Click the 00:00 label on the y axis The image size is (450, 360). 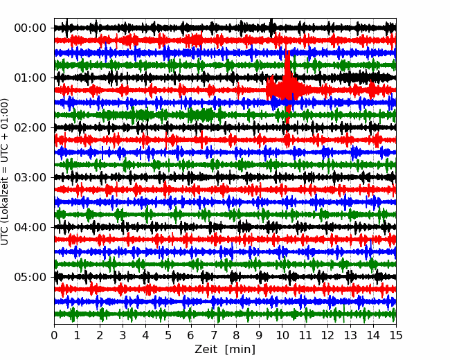tap(30, 28)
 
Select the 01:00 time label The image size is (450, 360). tap(30, 78)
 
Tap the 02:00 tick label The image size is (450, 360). tap(30, 127)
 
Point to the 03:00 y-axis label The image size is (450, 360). tap(30, 177)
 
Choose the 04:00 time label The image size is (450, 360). tap(30, 227)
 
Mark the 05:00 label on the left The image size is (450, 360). tap(30, 277)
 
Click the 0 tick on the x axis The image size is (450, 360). tap(54, 335)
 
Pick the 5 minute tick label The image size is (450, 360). tap(168, 335)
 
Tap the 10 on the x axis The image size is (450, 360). tap(282, 335)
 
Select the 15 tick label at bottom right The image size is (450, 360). tap(396, 335)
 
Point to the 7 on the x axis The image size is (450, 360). tap(214, 335)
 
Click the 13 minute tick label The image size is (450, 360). tap(350, 335)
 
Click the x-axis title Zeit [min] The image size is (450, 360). tap(225, 350)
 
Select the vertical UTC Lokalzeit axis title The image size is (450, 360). tap(5, 172)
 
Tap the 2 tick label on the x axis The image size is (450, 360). tap(100, 335)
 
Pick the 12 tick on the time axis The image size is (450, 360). tap(327, 335)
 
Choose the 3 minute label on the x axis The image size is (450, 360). tap(123, 335)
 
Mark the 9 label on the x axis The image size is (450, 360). tap(260, 335)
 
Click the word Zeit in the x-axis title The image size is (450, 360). tap(206, 349)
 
